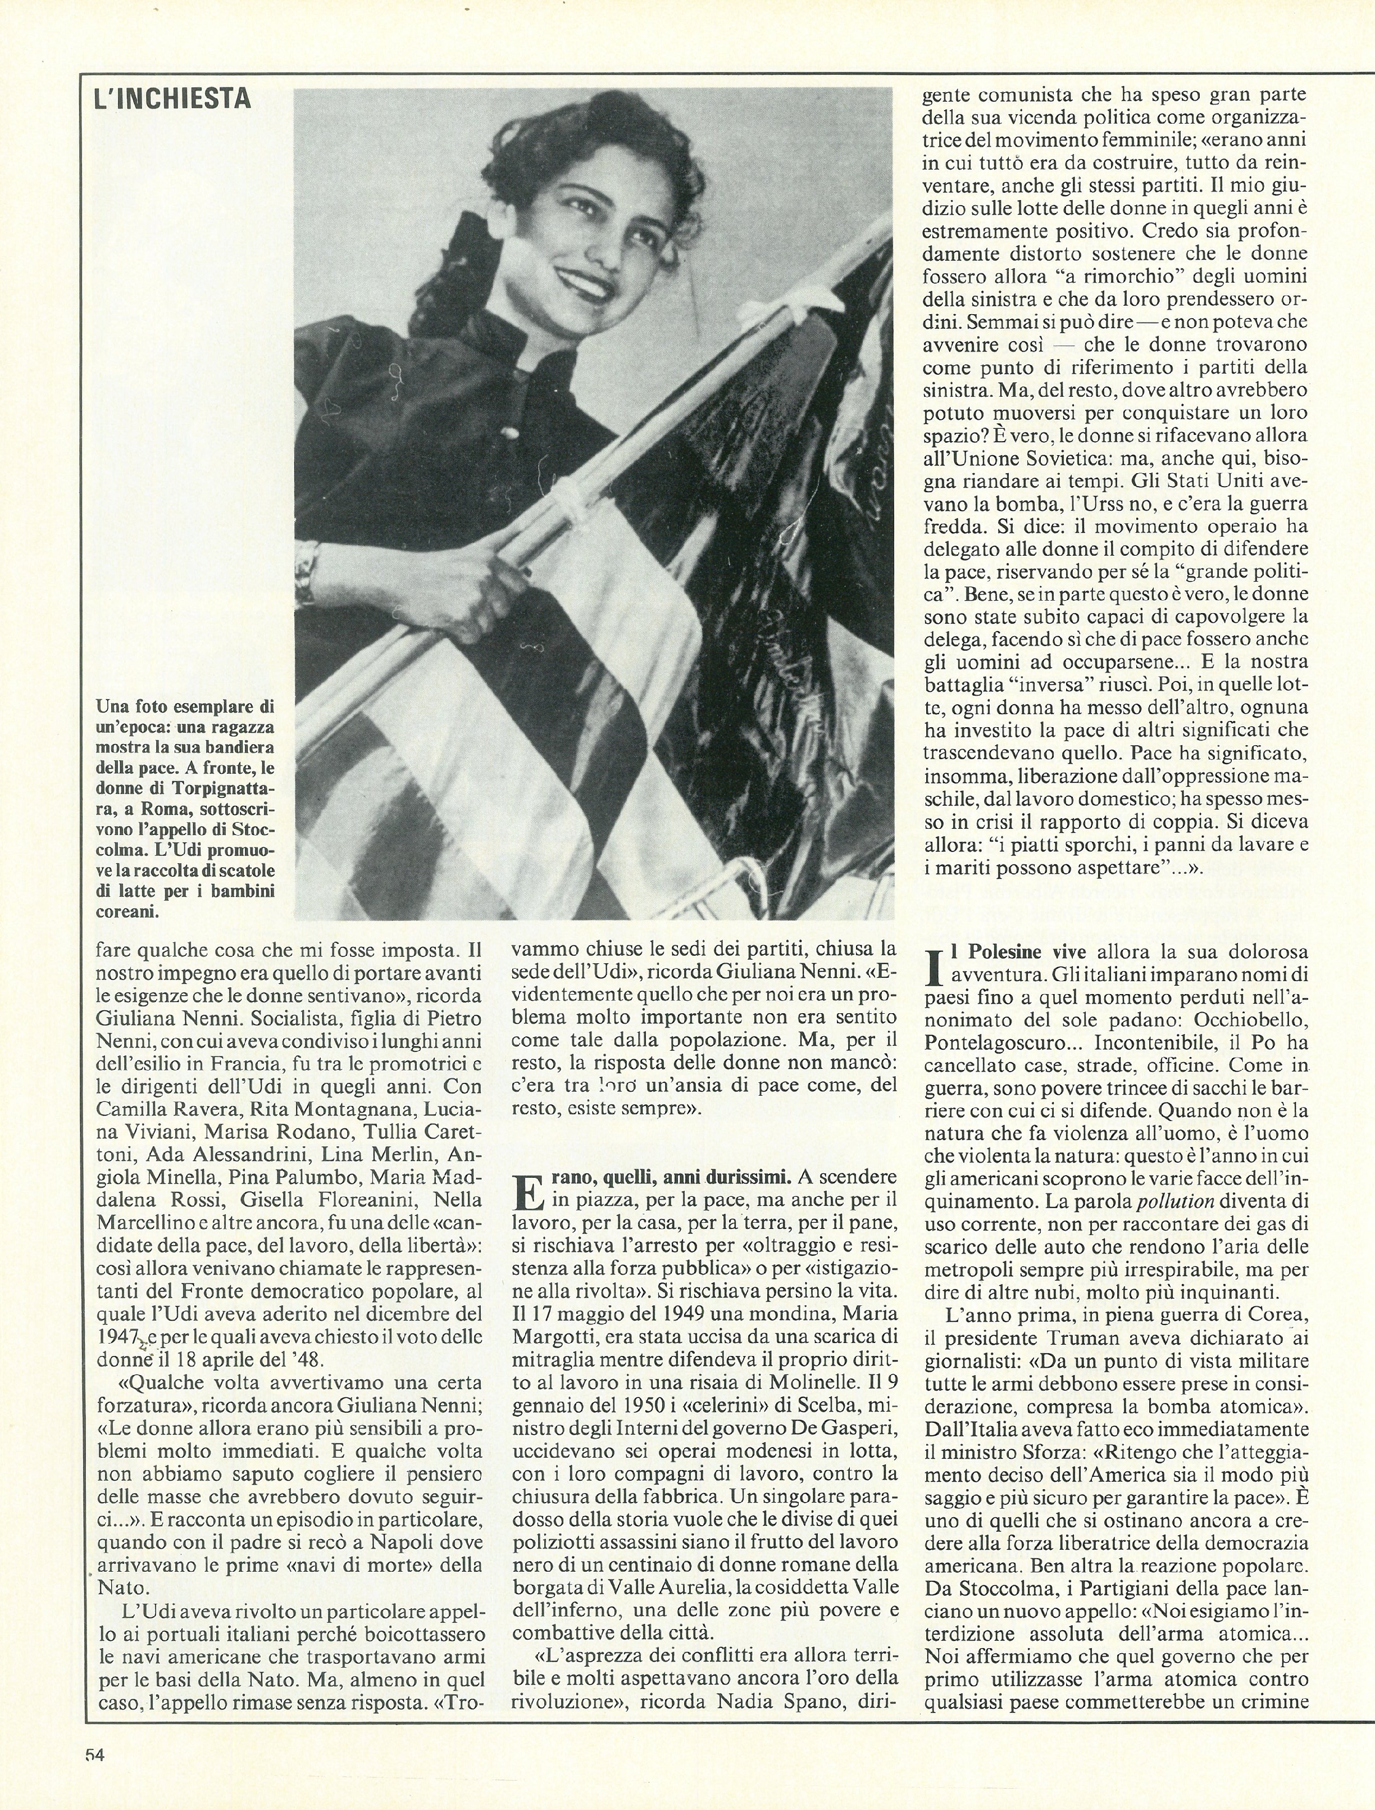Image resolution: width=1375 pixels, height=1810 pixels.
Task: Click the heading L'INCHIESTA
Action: [x=172, y=99]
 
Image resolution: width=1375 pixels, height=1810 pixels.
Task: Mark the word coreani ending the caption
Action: [x=127, y=911]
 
